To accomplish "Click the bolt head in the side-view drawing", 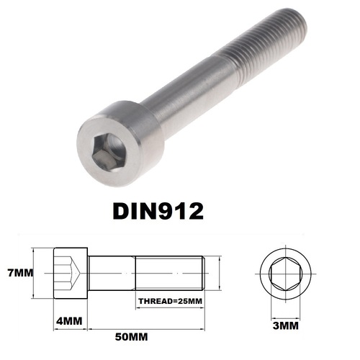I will click(x=71, y=274).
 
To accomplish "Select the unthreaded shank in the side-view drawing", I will click(x=112, y=274).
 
